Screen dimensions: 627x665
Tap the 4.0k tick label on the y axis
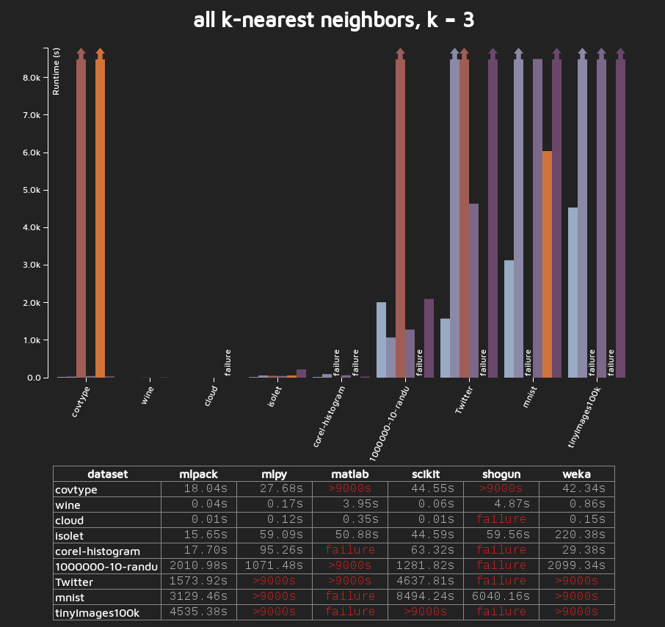pyautogui.click(x=35, y=228)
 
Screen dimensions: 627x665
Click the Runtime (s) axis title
pyautogui.click(x=57, y=72)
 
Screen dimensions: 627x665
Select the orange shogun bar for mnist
pyautogui.click(x=547, y=264)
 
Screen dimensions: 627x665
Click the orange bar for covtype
pyautogui.click(x=100, y=216)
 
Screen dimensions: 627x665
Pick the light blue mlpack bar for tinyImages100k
pyautogui.click(x=573, y=293)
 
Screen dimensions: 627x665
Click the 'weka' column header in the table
pyautogui.click(x=576, y=474)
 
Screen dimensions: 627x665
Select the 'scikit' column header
pyautogui.click(x=426, y=474)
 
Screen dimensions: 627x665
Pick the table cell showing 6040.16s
pyautogui.click(x=501, y=596)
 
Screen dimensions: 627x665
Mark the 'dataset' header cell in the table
pyautogui.click(x=107, y=474)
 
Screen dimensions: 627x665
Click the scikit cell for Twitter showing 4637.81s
pyautogui.click(x=426, y=581)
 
